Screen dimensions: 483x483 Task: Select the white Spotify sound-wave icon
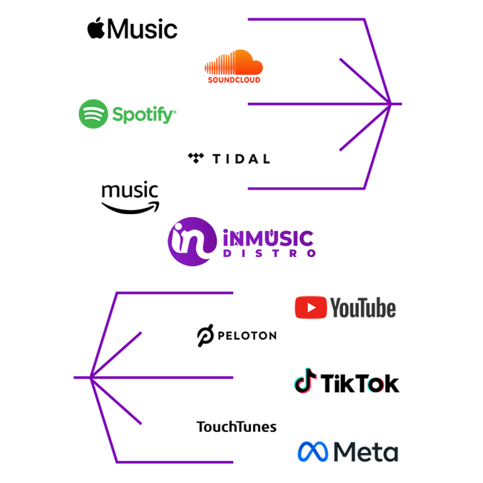point(94,114)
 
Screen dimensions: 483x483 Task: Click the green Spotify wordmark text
point(142,114)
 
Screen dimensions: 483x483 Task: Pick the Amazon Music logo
point(130,198)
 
